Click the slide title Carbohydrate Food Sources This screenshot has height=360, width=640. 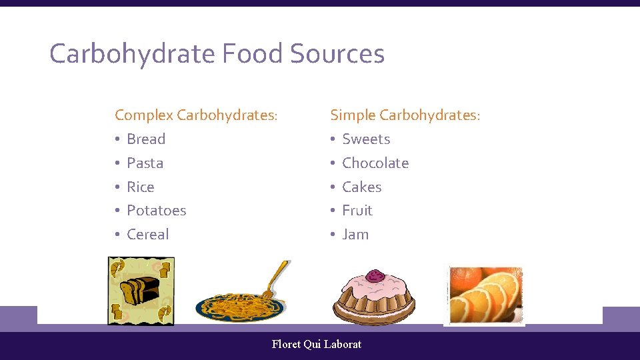pyautogui.click(x=217, y=54)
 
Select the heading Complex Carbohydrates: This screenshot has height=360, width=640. pyautogui.click(x=196, y=115)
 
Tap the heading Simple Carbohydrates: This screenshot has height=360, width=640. pyautogui.click(x=405, y=115)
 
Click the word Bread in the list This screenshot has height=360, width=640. pyautogui.click(x=146, y=139)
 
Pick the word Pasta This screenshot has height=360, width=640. pyautogui.click(x=145, y=163)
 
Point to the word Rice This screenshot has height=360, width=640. pyautogui.click(x=140, y=187)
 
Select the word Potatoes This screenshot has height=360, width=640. pyautogui.click(x=156, y=210)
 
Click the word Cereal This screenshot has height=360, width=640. pyautogui.click(x=147, y=234)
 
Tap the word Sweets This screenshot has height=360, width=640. pyautogui.click(x=366, y=139)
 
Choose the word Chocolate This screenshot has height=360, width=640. pyautogui.click(x=375, y=163)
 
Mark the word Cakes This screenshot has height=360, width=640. pyautogui.click(x=361, y=187)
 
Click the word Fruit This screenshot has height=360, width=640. pyautogui.click(x=357, y=210)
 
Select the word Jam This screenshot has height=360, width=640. pyautogui.click(x=355, y=234)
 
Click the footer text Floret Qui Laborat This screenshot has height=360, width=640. pyautogui.click(x=317, y=344)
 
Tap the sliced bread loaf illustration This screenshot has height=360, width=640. pyautogui.click(x=140, y=290)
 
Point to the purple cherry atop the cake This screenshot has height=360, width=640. pyautogui.click(x=375, y=275)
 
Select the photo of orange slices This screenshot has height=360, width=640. pyautogui.click(x=485, y=295)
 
